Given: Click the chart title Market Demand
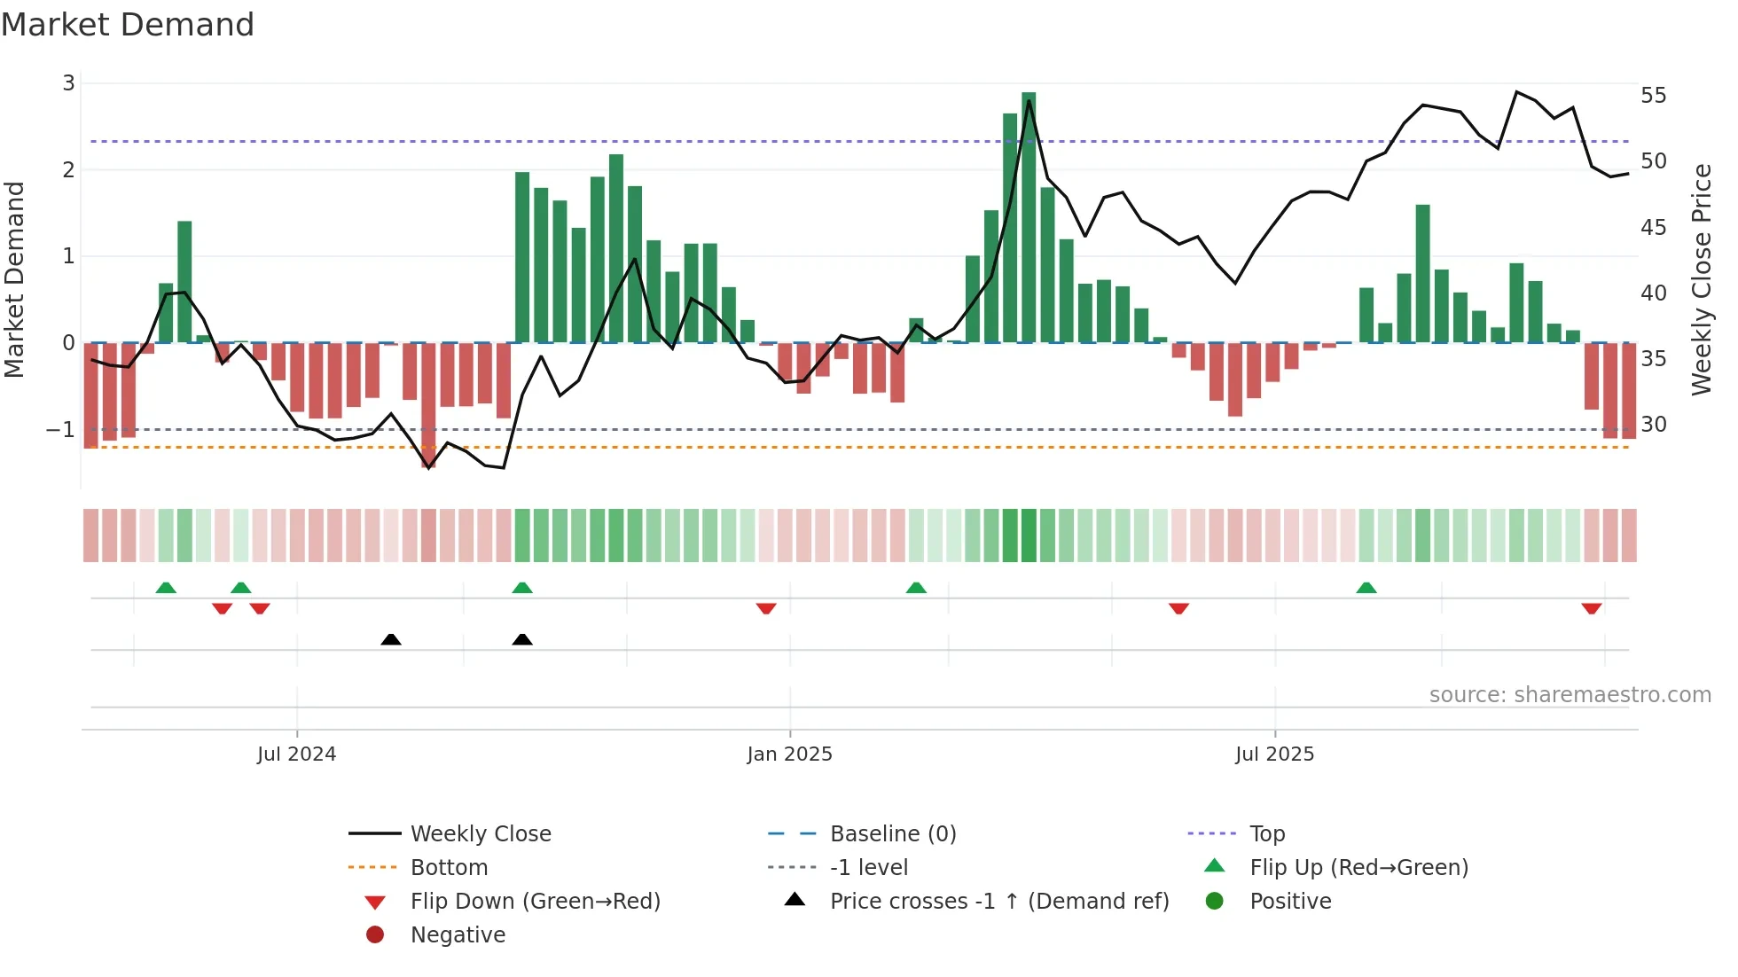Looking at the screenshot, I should click(x=128, y=25).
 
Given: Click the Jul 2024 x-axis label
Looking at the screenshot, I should click(x=296, y=754).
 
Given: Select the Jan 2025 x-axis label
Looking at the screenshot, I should click(x=789, y=754).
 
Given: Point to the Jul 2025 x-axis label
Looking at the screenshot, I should click(x=1274, y=754).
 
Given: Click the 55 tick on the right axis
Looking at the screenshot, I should click(x=1654, y=96).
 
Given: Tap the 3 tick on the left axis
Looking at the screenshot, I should click(x=68, y=83).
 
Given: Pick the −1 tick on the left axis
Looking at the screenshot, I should click(x=61, y=430).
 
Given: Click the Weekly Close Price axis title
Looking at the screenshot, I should click(x=1702, y=279).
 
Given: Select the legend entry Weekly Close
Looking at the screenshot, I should click(x=480, y=834).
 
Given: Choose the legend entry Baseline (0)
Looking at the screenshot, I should click(x=892, y=834).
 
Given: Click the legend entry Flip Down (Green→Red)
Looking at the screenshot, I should click(x=535, y=902).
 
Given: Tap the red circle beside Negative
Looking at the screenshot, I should click(x=375, y=935).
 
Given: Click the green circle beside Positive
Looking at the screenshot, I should click(x=1215, y=902).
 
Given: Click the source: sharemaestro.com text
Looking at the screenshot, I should click(x=1570, y=695).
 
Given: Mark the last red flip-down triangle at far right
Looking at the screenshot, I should click(x=1592, y=608).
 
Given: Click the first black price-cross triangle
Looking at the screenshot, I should click(x=391, y=639).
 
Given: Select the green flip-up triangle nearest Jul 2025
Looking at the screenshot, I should click(x=1366, y=588).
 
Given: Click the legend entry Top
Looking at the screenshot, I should click(x=1266, y=834).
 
